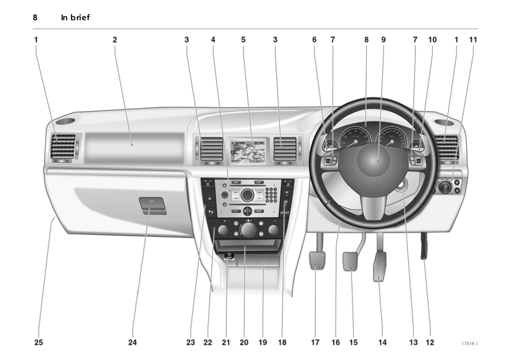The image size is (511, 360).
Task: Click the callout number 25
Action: click(x=39, y=342)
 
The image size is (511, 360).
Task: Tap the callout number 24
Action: click(x=132, y=342)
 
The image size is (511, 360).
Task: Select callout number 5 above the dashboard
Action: click(x=243, y=40)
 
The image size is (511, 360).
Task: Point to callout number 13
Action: click(x=413, y=342)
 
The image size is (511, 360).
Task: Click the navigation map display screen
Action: click(x=248, y=151)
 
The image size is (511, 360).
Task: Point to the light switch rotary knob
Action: click(x=445, y=187)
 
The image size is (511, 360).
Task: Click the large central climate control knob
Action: click(x=248, y=229)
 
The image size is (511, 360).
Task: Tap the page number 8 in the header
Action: click(x=35, y=17)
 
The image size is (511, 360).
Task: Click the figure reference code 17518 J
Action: click(x=469, y=343)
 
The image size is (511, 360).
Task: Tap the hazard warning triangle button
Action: click(x=210, y=199)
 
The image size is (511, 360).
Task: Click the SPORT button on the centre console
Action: click(x=285, y=213)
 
